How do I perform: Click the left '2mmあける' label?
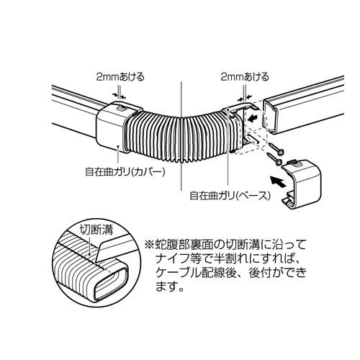tap(120, 77)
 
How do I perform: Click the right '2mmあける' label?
tap(245, 77)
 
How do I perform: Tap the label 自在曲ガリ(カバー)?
tap(125, 172)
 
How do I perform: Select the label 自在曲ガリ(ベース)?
tap(230, 196)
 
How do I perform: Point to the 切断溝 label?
tap(96, 230)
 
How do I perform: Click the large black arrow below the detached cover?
tap(278, 181)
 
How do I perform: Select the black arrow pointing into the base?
tap(254, 118)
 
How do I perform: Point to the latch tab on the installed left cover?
tap(122, 108)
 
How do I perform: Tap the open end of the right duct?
tap(272, 117)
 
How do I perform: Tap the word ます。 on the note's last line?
tap(170, 287)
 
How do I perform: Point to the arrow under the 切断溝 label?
tap(89, 246)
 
